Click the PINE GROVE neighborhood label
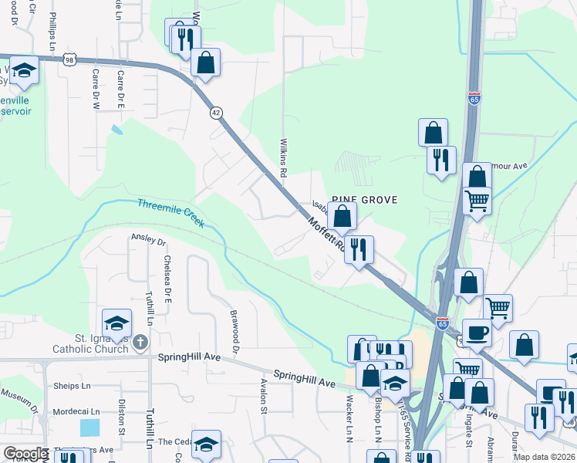(x=365, y=200)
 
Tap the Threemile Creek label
(x=170, y=213)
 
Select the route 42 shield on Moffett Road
(x=217, y=113)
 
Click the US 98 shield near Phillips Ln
(x=70, y=59)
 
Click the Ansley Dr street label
(x=149, y=241)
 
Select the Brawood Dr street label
(x=232, y=328)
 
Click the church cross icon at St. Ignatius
(x=140, y=341)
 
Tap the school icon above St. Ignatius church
(x=116, y=323)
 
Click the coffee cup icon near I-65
(x=477, y=333)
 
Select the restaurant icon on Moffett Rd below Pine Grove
(x=359, y=249)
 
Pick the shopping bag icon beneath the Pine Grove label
(x=342, y=217)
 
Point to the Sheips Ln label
(x=72, y=386)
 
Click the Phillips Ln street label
(x=52, y=31)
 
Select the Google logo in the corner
(x=25, y=454)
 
